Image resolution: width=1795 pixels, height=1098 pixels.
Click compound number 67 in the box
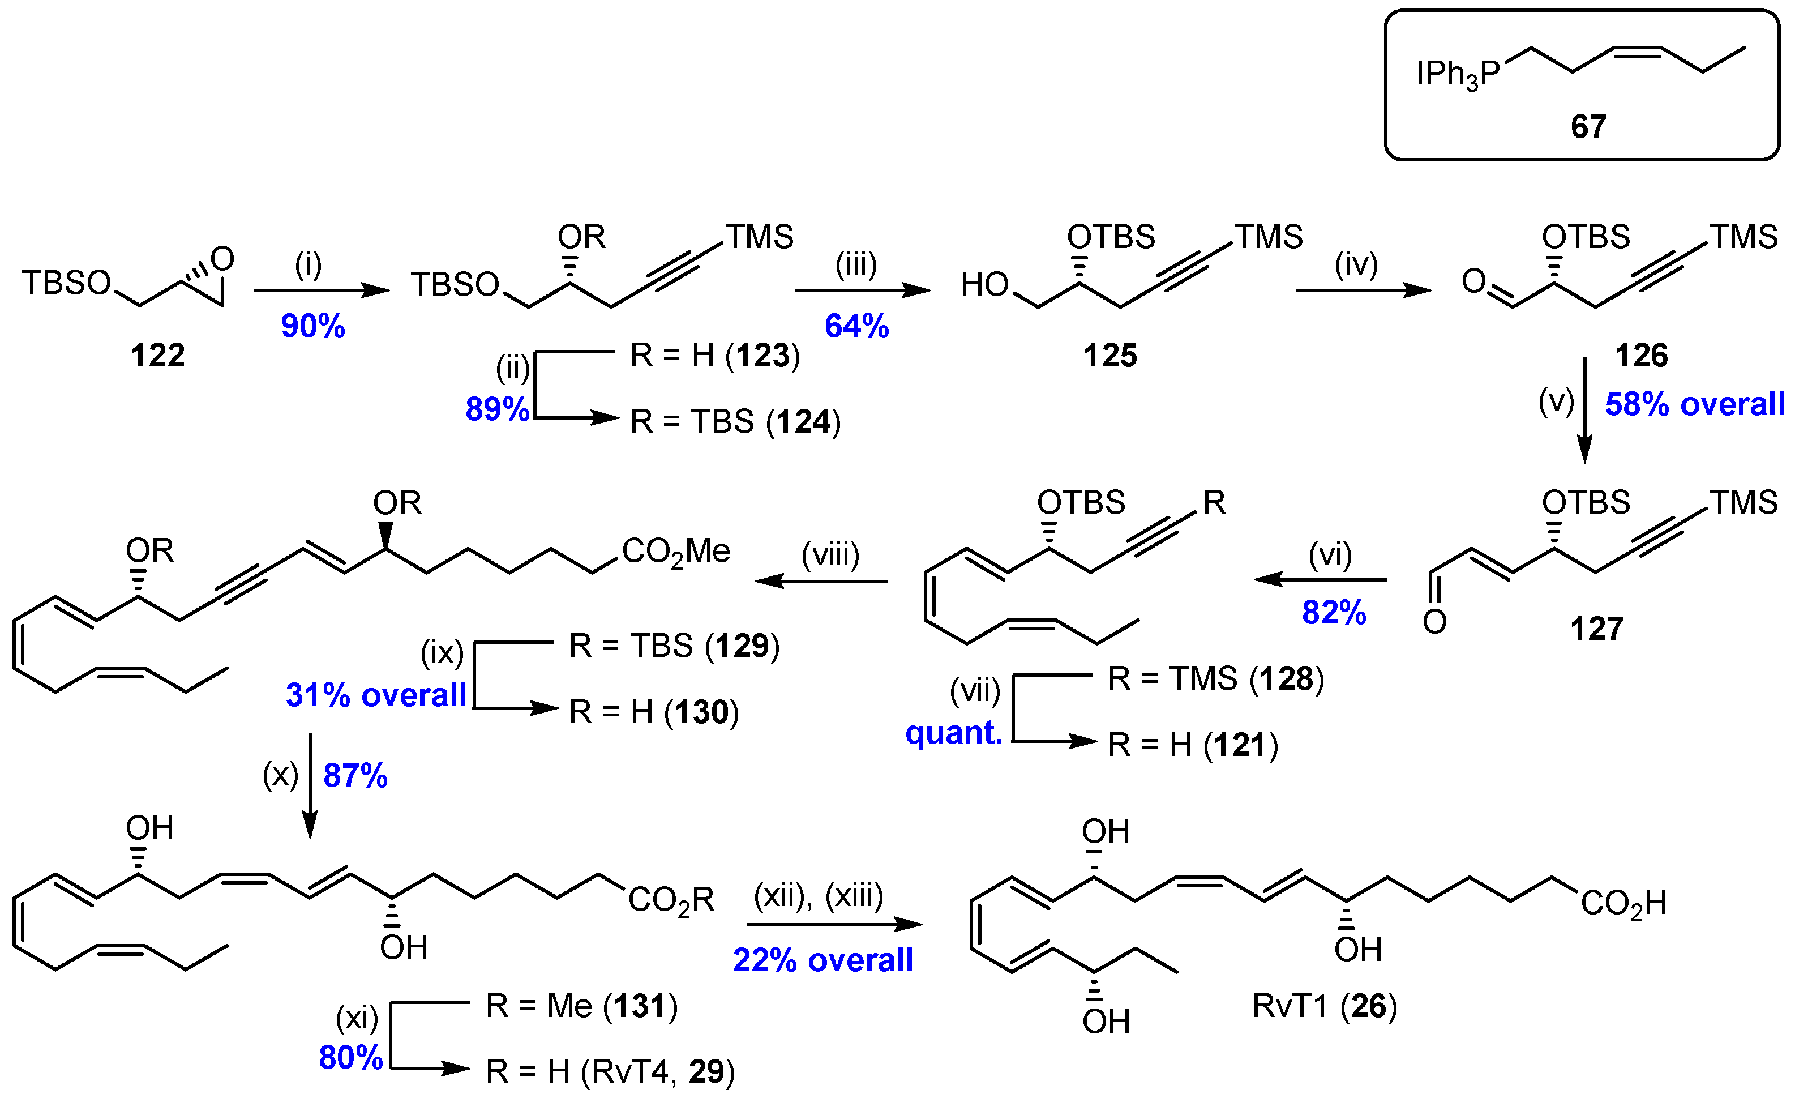point(1588,127)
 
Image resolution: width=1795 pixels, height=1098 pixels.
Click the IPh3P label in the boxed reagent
point(1458,74)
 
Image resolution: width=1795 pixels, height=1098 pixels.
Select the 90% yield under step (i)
point(312,326)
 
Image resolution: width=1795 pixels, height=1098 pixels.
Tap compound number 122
point(157,356)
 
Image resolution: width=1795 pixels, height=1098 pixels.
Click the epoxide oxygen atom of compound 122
point(222,259)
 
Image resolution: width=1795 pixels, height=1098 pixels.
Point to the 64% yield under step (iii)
point(856,326)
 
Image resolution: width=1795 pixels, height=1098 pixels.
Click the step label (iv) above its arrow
point(1356,264)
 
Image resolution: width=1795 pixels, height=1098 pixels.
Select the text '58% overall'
point(1694,404)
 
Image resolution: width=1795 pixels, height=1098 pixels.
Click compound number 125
point(1109,356)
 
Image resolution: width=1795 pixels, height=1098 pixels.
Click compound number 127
point(1596,628)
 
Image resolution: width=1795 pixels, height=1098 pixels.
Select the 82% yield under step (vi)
point(1333,612)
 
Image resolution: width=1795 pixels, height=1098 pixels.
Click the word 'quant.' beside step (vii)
point(954,732)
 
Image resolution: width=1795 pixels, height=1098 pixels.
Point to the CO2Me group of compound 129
point(675,552)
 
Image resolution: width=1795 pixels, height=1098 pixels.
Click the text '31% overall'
point(375,695)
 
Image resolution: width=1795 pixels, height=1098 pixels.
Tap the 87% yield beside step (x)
point(355,775)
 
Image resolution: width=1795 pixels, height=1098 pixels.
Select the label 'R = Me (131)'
point(581,1006)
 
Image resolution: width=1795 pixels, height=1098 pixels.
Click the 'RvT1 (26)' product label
point(1323,1006)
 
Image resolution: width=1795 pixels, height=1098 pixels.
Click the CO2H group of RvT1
point(1623,903)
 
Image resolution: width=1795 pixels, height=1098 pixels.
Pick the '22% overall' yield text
point(822,960)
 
